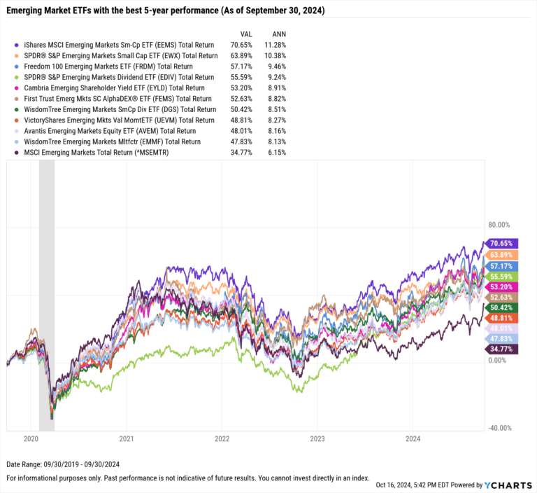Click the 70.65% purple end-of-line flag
(501, 244)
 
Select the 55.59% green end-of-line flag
(501, 277)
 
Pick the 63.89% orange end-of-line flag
(501, 255)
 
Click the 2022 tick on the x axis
(222, 440)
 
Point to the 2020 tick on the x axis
(31, 440)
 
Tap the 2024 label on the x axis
(413, 440)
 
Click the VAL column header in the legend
(246, 34)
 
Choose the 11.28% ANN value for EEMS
(275, 45)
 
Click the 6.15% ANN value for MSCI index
(277, 153)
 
